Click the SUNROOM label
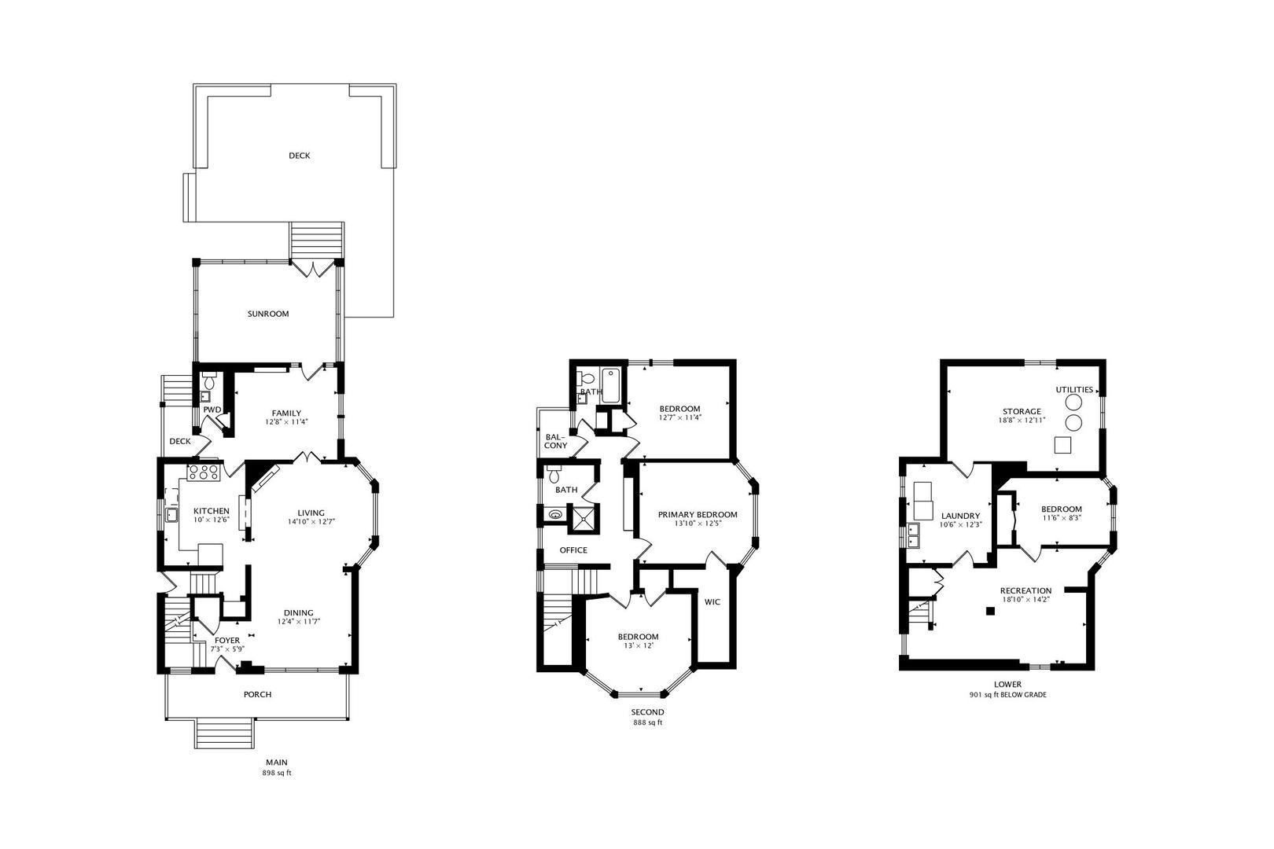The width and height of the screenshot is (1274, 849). [268, 314]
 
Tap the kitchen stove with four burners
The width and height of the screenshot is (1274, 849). [204, 472]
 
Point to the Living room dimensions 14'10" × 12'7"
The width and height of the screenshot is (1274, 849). [311, 521]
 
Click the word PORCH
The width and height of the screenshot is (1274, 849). [258, 694]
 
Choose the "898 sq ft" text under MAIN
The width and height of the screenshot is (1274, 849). [276, 773]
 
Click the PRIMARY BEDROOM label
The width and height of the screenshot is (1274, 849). [698, 515]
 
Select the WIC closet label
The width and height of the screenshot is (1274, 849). [712, 601]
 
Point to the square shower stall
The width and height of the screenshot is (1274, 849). [583, 517]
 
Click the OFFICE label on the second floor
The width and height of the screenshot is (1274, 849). [573, 550]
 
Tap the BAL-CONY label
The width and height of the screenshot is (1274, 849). [556, 441]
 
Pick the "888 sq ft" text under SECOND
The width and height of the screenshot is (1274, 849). [648, 722]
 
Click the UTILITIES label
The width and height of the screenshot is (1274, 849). [1074, 390]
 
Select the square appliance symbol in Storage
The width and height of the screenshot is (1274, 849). [1062, 445]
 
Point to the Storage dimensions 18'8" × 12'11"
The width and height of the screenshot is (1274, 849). [1022, 421]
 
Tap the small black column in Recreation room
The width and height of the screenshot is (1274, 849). [990, 611]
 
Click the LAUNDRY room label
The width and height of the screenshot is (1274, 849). [961, 516]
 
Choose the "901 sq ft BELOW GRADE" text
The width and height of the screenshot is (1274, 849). [1008, 695]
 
